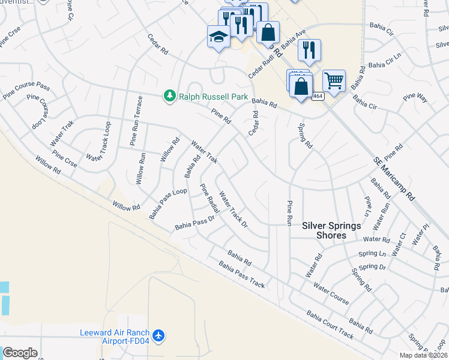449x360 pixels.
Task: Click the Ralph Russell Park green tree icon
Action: (x=170, y=96)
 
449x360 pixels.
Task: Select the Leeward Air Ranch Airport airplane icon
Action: (x=158, y=335)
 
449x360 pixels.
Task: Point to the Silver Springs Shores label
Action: (x=332, y=230)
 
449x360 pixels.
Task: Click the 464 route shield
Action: (x=318, y=96)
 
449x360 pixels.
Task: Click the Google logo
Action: (x=20, y=353)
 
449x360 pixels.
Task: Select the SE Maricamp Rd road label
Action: (x=394, y=178)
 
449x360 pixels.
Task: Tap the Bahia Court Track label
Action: (x=330, y=324)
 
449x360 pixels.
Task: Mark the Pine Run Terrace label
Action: (x=136, y=121)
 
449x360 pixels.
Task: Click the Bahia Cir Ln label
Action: (x=384, y=64)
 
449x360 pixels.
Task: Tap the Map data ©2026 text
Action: (x=423, y=355)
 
